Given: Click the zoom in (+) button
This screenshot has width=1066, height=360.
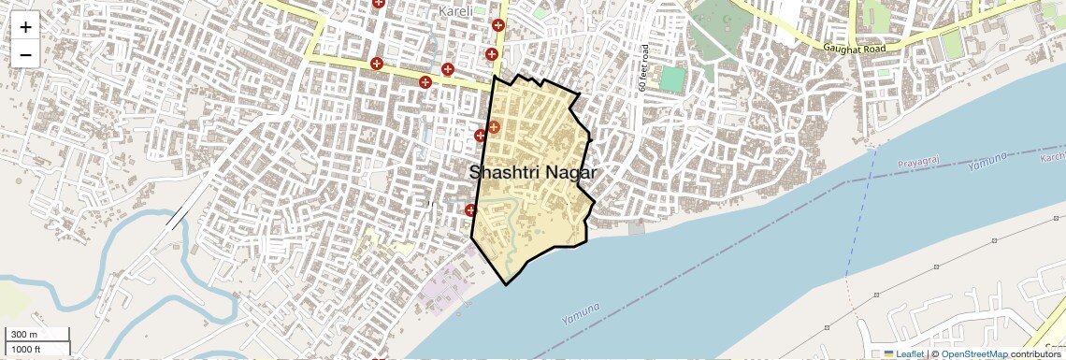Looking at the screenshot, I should tap(25, 26).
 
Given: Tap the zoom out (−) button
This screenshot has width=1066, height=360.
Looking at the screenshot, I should tap(25, 54).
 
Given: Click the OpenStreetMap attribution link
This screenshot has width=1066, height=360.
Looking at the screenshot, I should tap(973, 353).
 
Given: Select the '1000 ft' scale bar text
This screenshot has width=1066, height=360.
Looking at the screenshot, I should tap(27, 349).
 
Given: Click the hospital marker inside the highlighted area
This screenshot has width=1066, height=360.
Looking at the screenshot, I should tap(494, 126).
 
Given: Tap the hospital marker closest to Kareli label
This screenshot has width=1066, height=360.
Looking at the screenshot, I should tap(498, 27).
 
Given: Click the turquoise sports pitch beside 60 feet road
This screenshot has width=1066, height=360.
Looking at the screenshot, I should tap(671, 79).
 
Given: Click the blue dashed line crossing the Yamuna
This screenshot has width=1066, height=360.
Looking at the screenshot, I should tap(858, 224).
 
